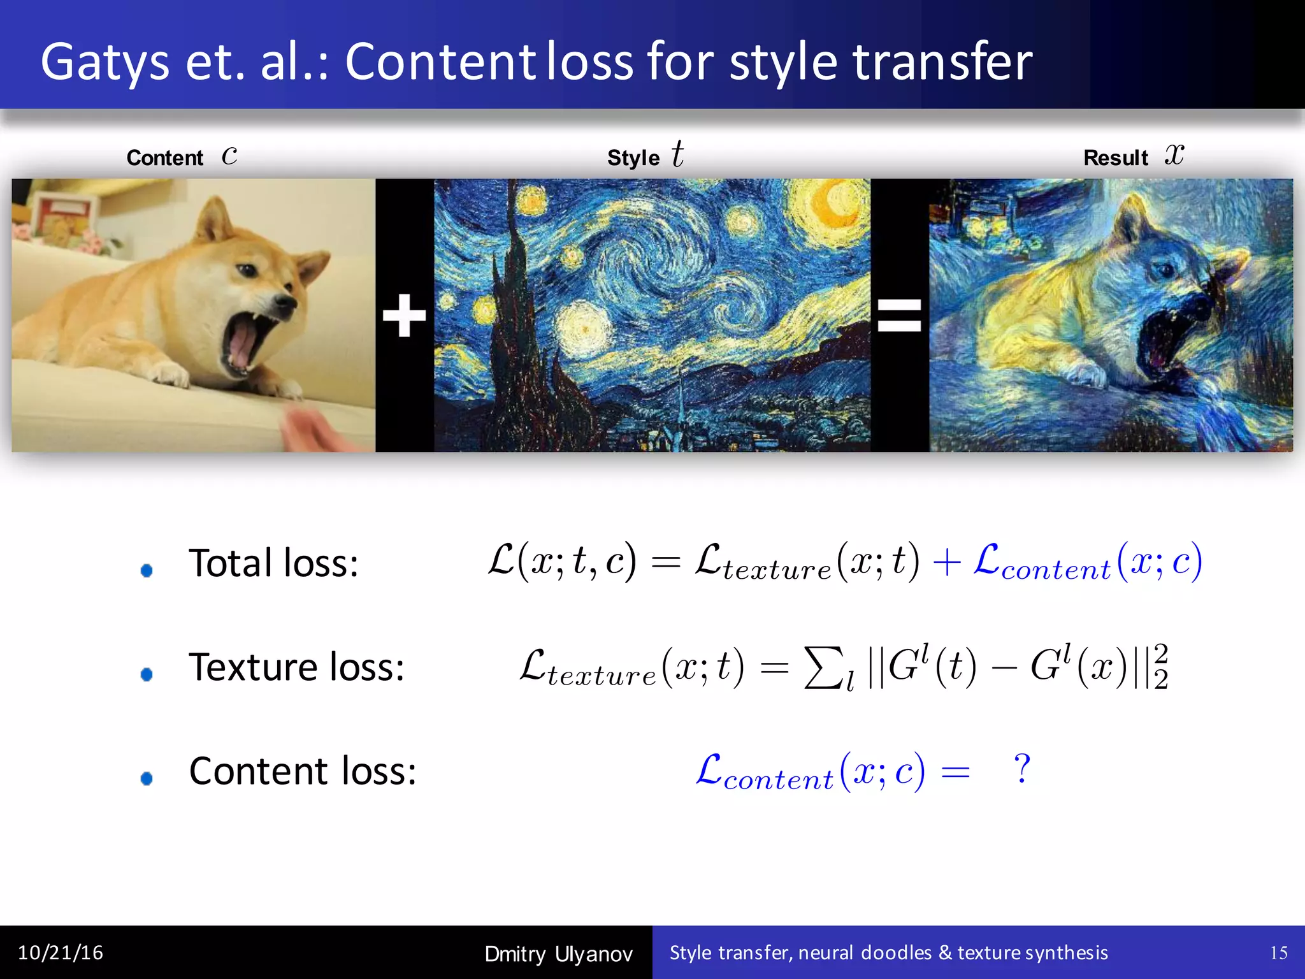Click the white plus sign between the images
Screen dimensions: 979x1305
point(404,315)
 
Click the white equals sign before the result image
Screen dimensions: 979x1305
point(899,315)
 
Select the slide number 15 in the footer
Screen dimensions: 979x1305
point(1278,953)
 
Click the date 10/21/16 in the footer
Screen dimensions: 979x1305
point(61,953)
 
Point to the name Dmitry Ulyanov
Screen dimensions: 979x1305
point(558,954)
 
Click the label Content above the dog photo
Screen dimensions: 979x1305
point(164,158)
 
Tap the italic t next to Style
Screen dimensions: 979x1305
point(677,154)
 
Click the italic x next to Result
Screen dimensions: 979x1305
point(1174,154)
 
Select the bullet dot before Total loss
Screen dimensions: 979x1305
point(147,570)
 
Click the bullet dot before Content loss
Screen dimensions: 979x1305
point(147,778)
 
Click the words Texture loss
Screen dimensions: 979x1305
point(296,667)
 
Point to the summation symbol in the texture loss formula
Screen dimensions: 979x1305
point(823,667)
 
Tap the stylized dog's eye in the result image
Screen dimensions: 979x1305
point(1165,270)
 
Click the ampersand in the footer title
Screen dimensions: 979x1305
point(945,953)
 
